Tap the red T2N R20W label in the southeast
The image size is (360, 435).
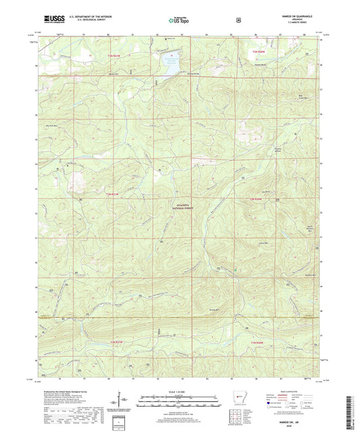tap(260, 344)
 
